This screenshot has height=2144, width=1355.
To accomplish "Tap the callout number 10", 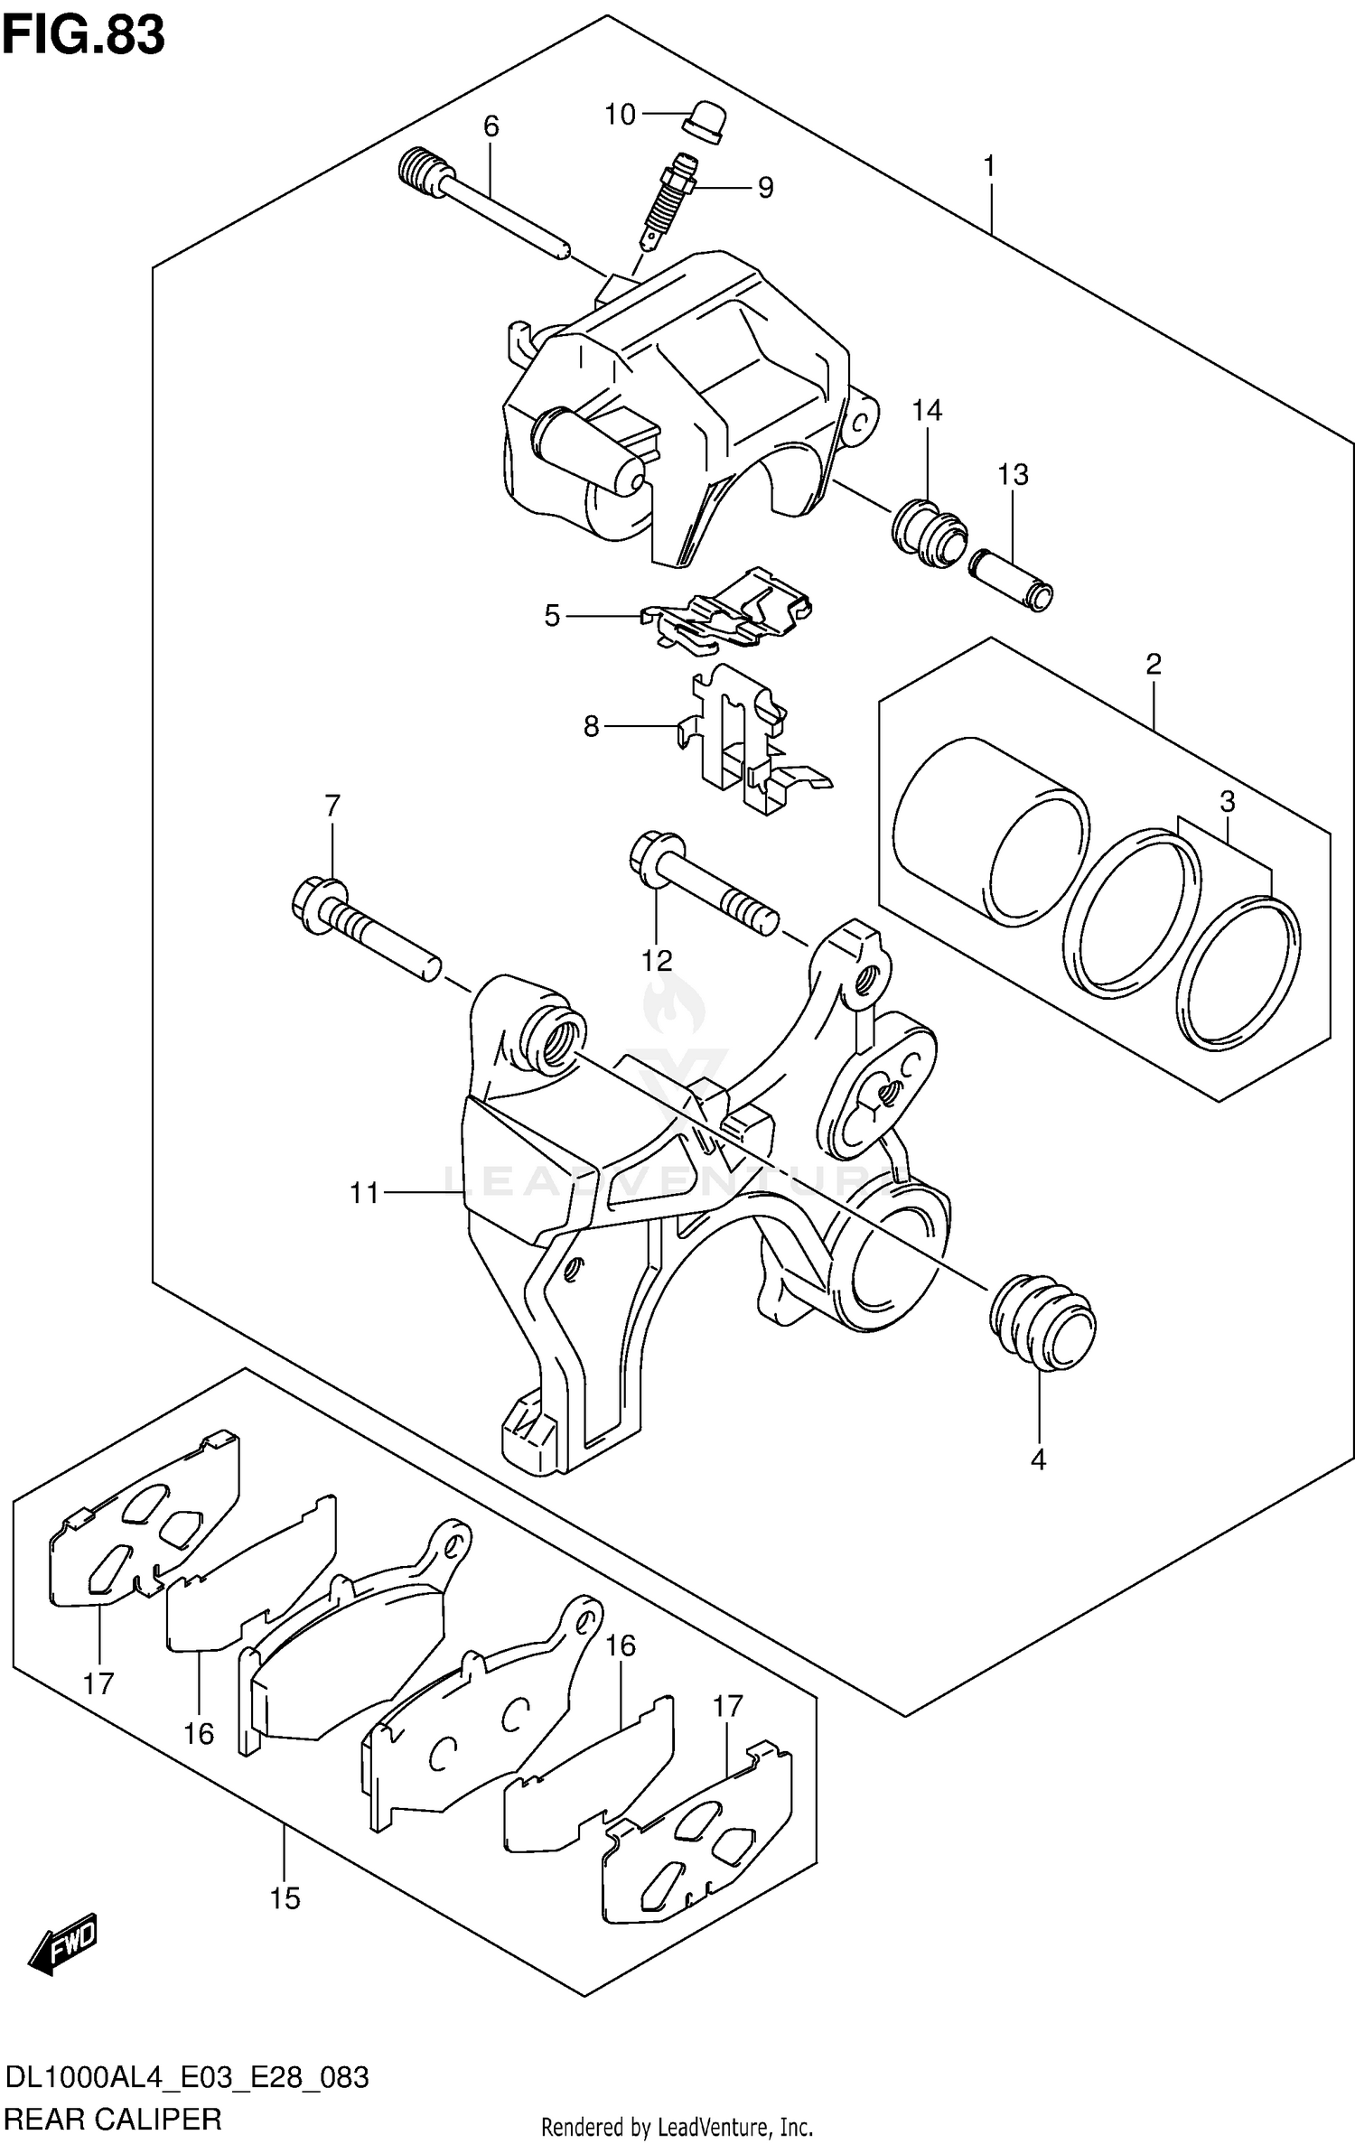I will pyautogui.click(x=620, y=115).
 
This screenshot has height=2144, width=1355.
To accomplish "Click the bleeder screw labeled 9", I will pyautogui.click(x=670, y=204).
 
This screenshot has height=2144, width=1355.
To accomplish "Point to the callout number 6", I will pyautogui.click(x=491, y=126).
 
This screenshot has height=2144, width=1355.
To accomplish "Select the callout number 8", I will pyautogui.click(x=591, y=726).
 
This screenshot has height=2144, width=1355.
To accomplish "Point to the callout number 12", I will pyautogui.click(x=657, y=960).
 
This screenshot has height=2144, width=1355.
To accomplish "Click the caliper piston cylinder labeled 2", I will pyautogui.click(x=989, y=831).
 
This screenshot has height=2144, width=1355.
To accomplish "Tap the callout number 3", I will pyautogui.click(x=1227, y=801).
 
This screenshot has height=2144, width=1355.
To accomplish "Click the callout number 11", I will pyautogui.click(x=364, y=1194).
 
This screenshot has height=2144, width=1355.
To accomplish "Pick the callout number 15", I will pyautogui.click(x=284, y=1898).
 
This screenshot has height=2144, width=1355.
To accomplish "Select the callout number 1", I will pyautogui.click(x=989, y=166).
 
